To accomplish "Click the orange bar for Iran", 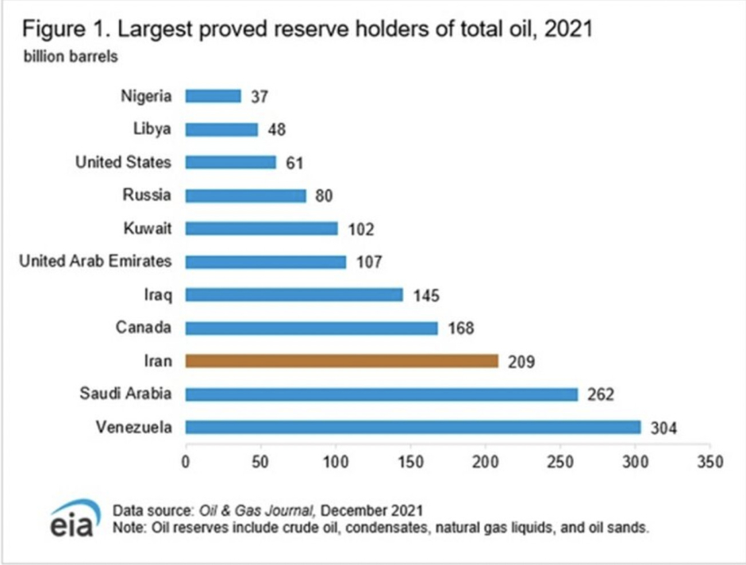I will tap(341, 361).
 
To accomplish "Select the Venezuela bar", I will tap(413, 427).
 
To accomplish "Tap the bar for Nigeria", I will tap(213, 96).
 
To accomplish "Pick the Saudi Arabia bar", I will tap(381, 394).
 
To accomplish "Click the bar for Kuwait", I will tap(261, 229).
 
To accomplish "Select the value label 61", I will tap(294, 163).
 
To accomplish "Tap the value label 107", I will tap(368, 262).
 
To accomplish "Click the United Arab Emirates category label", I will tap(96, 261).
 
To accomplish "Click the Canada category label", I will tap(144, 327).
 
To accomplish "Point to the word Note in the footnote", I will tap(127, 526).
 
